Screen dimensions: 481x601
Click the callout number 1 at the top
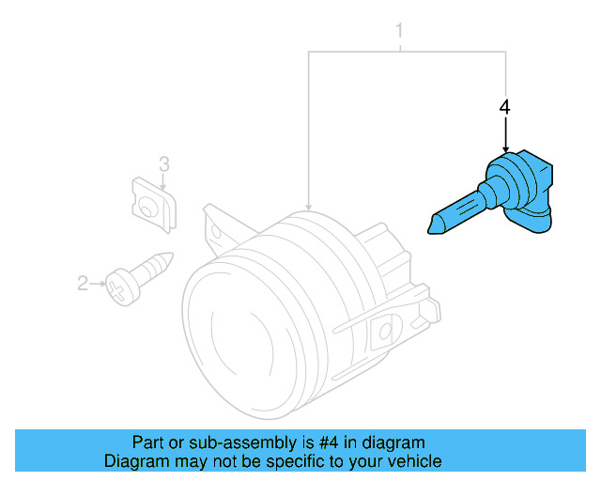tap(399, 31)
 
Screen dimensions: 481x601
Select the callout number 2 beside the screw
tap(82, 282)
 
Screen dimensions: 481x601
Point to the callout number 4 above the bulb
tap(505, 108)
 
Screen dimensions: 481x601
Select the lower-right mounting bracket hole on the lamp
tap(384, 329)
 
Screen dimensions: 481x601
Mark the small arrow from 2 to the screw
tap(97, 282)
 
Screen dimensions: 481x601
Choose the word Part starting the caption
tap(146, 442)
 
